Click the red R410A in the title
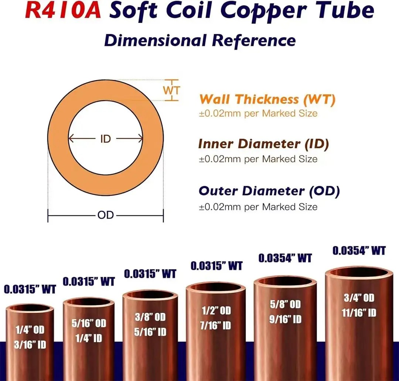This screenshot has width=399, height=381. (x=63, y=10)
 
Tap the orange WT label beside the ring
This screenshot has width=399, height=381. (x=171, y=90)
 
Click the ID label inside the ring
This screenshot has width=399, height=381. (x=106, y=139)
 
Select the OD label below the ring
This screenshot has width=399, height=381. (x=106, y=215)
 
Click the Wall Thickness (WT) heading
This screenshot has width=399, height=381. (x=267, y=99)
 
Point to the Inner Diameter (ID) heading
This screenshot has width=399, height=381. (x=264, y=144)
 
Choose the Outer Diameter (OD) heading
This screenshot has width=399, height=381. (x=269, y=191)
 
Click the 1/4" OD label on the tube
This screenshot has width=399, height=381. (x=30, y=330)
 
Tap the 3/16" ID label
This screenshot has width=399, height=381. (x=30, y=345)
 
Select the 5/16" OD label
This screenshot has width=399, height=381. (x=89, y=323)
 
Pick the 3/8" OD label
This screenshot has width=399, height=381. (x=150, y=317)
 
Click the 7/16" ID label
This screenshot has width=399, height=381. (x=215, y=326)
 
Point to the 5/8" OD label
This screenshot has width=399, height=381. (x=285, y=305)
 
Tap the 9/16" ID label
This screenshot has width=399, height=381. (x=285, y=319)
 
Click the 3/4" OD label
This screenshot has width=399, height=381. (x=359, y=298)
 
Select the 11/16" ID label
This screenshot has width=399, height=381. (x=359, y=313)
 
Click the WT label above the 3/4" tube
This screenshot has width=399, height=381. (x=359, y=251)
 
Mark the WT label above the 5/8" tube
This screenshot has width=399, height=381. (x=285, y=258)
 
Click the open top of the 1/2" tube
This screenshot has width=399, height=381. (x=216, y=287)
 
